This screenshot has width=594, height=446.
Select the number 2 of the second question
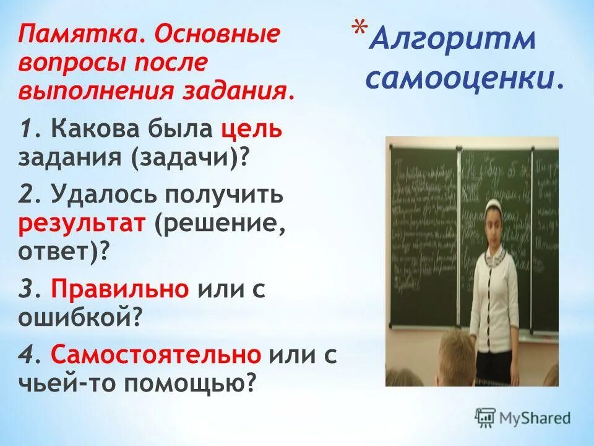pos(25,196)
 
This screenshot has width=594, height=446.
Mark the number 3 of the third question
pos(25,289)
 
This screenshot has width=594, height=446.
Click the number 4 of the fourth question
pos(25,355)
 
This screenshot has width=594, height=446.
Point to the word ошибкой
pos(76,318)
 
